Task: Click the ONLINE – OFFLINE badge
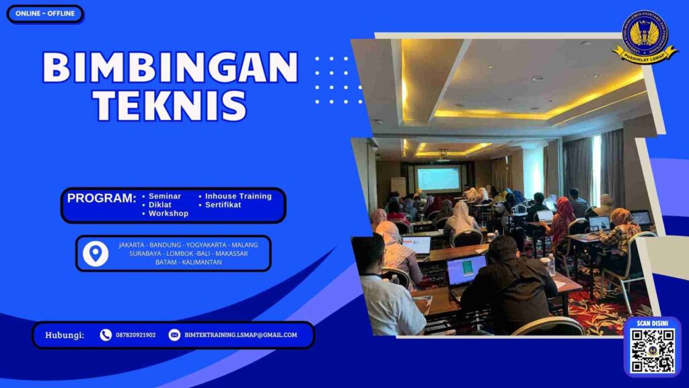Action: point(45,13)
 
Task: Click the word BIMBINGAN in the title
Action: point(170,67)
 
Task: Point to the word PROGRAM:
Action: point(102,198)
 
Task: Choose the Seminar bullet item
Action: point(164,196)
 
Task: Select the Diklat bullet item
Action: point(159,205)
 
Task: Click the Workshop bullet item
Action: point(168,214)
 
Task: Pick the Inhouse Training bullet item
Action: point(238,196)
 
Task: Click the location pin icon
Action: point(96,253)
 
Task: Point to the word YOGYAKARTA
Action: point(207,245)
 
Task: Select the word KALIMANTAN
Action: point(200,262)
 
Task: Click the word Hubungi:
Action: point(65,335)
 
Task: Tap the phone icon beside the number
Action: point(106,335)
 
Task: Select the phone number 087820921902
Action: point(135,335)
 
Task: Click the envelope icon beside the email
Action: point(174,335)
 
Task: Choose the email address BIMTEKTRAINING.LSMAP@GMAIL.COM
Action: point(240,335)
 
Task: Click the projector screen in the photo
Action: point(438,178)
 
